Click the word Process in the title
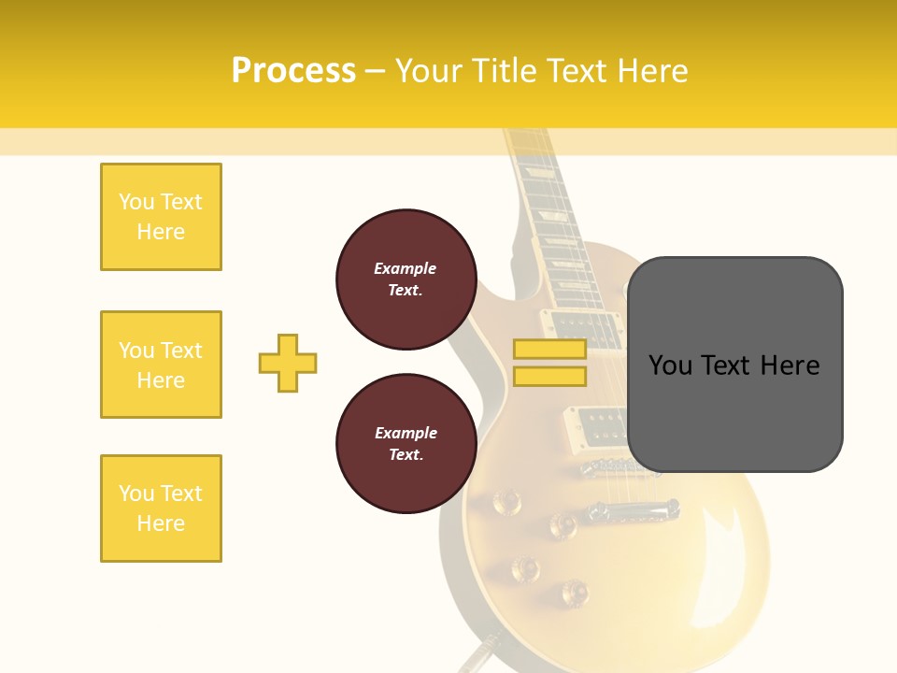coord(293,71)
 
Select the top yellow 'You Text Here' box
coord(161,217)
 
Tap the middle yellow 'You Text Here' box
coord(161,365)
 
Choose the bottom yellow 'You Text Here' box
coord(161,508)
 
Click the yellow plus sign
coord(288,363)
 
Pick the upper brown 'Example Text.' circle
coord(406,279)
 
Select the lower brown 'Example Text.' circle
coord(406,443)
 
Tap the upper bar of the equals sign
coord(549,350)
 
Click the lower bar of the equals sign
coord(549,377)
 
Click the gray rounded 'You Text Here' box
coord(734,365)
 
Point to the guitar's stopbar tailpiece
coord(632,510)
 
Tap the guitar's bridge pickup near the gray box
coord(598,424)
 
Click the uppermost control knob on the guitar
coord(506,503)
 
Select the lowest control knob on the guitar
coord(574,591)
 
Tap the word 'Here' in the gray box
coord(790,365)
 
